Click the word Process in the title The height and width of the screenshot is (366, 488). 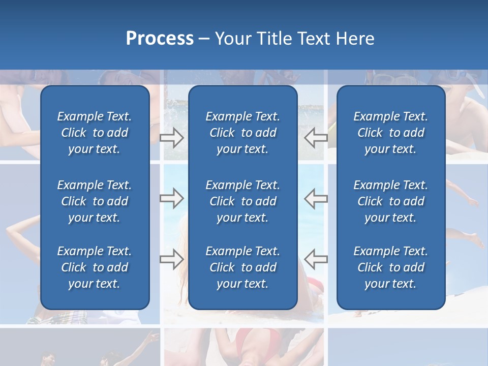160,39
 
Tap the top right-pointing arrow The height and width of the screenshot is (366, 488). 171,138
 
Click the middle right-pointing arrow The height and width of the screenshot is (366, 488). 171,198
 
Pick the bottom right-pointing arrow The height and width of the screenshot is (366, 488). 171,259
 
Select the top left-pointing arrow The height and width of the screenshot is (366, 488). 316,138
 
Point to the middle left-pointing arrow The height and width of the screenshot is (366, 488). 316,198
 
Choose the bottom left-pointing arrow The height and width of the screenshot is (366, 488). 316,259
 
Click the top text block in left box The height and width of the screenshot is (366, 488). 95,133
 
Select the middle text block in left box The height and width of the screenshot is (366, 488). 95,201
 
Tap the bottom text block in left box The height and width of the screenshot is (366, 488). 95,267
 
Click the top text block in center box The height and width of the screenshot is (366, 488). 242,133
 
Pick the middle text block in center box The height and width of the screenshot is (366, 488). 242,201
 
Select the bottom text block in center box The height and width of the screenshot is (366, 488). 242,267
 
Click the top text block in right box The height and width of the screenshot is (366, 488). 390,133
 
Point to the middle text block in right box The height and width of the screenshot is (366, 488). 390,201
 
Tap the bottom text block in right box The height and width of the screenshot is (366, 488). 390,267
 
